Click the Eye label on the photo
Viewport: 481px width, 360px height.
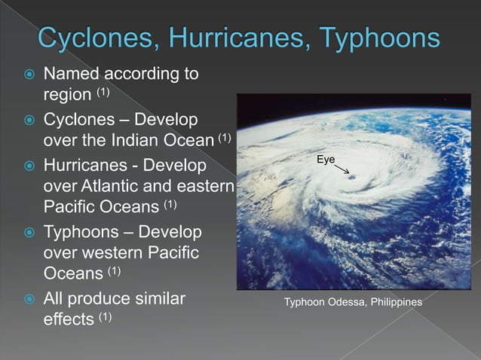click(326, 160)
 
